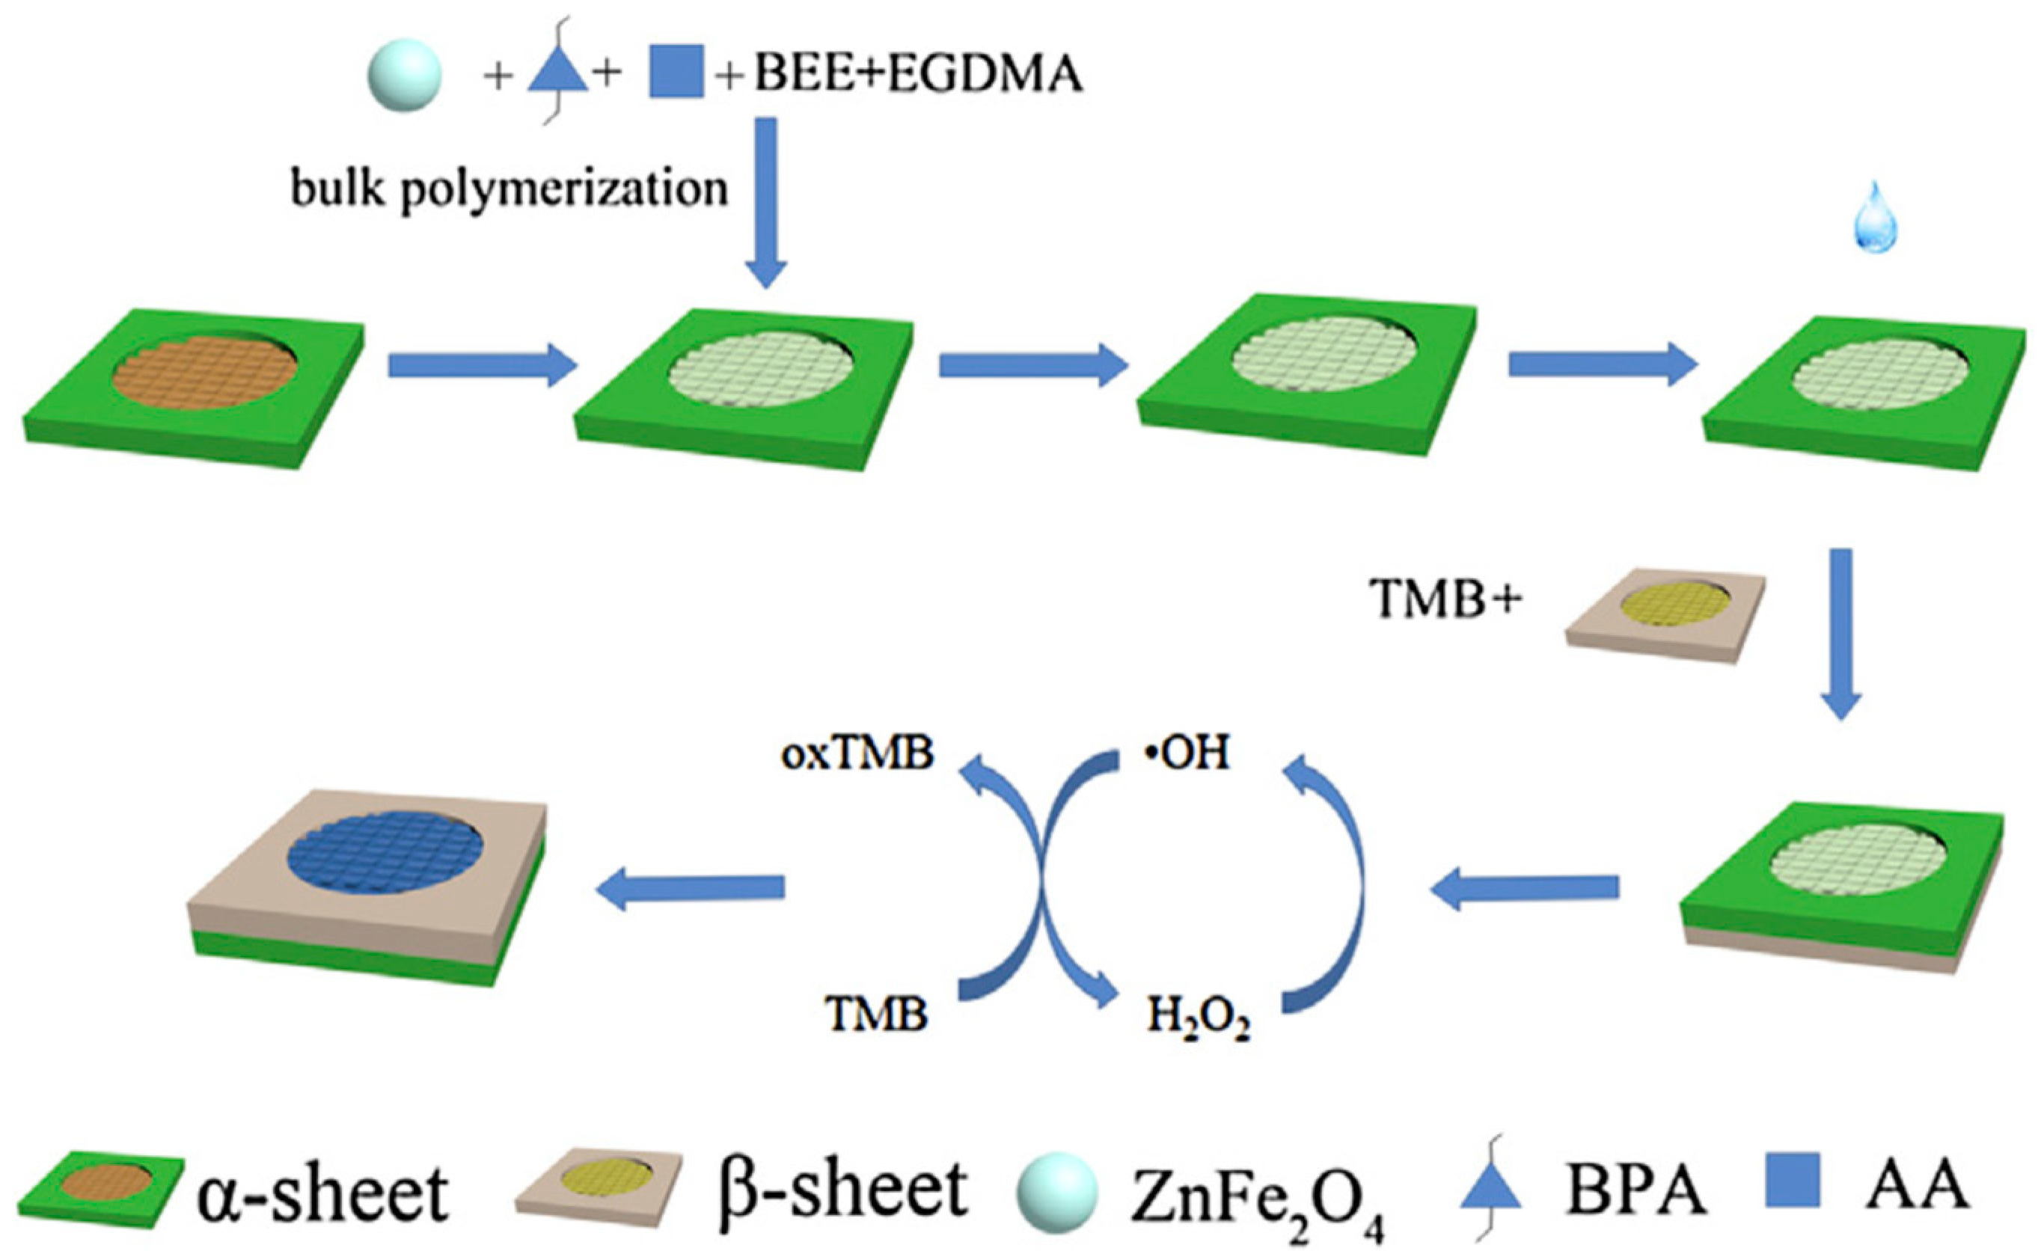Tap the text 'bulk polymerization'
point(509,189)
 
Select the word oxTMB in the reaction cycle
point(857,753)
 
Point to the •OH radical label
point(1187,753)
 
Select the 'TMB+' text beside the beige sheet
point(1445,600)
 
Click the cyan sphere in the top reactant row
point(404,76)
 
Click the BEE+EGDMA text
point(917,75)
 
